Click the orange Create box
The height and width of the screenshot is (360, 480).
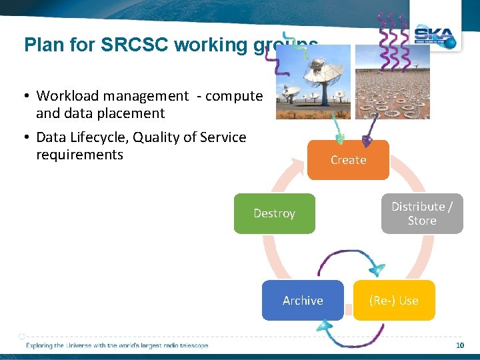click(x=348, y=160)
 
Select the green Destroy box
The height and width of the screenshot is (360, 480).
click(x=274, y=213)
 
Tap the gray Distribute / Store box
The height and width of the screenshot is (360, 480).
click(x=422, y=213)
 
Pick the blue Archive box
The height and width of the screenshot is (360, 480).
click(x=303, y=301)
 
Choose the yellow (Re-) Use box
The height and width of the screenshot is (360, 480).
click(x=394, y=301)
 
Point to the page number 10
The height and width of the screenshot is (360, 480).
click(x=459, y=345)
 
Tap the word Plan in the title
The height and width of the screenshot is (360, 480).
click(x=41, y=45)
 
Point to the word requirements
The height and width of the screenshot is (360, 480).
click(x=79, y=155)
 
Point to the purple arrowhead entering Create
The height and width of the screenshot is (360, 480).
click(x=366, y=141)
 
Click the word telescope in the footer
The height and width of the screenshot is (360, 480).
click(x=193, y=345)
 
